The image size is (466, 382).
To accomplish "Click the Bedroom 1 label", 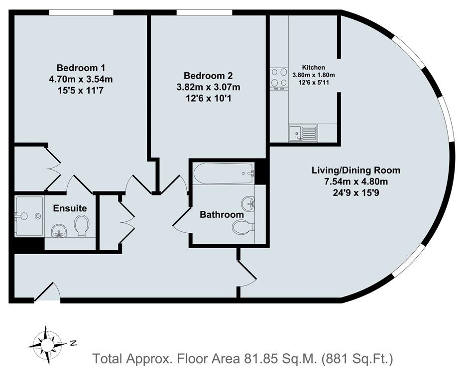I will pyautogui.click(x=81, y=68).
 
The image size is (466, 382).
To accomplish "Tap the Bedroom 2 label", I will pyautogui.click(x=208, y=76).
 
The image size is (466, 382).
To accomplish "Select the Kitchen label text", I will pyautogui.click(x=314, y=67).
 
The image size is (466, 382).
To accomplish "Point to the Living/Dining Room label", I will pyautogui.click(x=355, y=170).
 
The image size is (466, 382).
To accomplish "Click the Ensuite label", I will pyautogui.click(x=70, y=208).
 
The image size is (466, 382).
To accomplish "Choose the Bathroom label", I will pyautogui.click(x=222, y=214).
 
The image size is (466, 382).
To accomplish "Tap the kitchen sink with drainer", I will pyautogui.click(x=303, y=133).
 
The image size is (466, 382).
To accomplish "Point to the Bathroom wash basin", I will pyautogui.click(x=248, y=202).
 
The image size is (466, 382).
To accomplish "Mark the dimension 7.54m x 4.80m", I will pyautogui.click(x=355, y=181).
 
